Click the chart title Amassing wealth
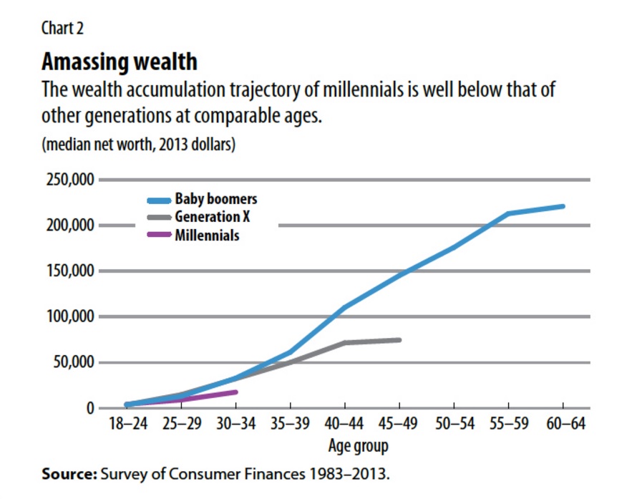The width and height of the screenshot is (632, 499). (119, 62)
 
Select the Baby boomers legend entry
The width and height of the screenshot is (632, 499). (215, 199)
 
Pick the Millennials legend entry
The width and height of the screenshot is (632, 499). (207, 235)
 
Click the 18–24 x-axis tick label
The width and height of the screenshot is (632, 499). (127, 424)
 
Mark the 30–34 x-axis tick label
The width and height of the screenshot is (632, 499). (235, 424)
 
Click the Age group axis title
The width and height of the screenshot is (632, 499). (358, 447)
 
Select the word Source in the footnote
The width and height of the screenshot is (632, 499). (69, 474)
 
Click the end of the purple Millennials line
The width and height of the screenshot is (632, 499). (235, 392)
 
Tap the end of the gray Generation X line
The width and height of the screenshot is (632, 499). (399, 339)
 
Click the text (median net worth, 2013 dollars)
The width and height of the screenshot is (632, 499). (139, 144)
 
